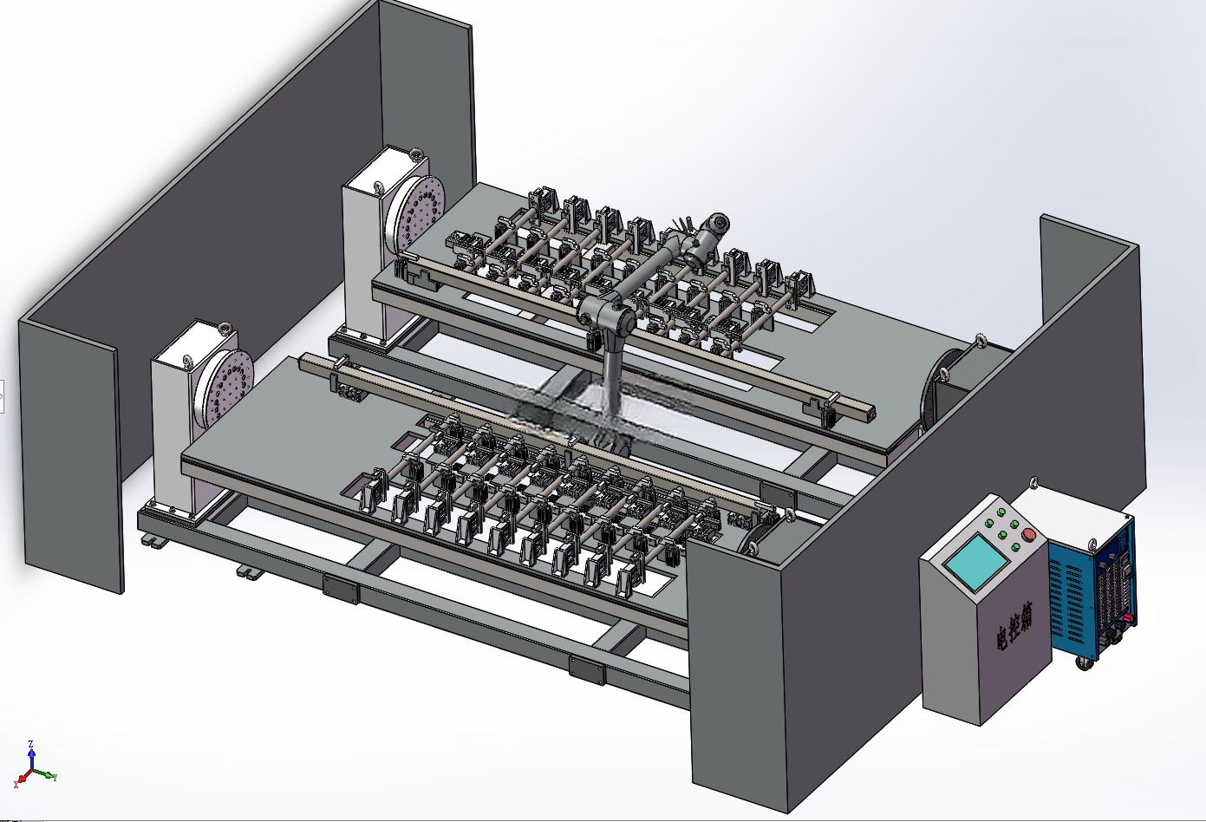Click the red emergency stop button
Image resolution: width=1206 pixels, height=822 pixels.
pos(1027,534)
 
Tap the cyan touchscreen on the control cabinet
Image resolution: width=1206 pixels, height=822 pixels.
pos(976,562)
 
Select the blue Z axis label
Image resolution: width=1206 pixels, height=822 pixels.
pos(30,743)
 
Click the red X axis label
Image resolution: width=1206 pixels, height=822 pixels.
pos(16,786)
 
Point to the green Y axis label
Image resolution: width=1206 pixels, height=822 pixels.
pos(55,777)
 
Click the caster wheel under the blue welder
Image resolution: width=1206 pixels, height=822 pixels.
pos(1083,662)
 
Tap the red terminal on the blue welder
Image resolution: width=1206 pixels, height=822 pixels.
pos(1133,617)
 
